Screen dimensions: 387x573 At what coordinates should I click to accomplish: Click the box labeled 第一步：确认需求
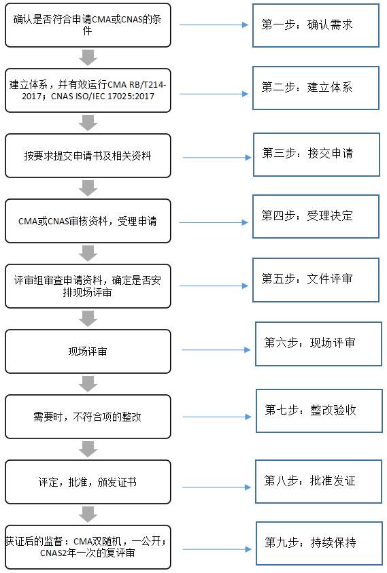(x=316, y=25)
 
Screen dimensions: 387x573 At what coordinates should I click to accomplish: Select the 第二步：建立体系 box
(x=316, y=88)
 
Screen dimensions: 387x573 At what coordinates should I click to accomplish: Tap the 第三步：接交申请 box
(x=316, y=154)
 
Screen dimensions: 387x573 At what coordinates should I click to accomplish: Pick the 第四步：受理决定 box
(x=316, y=216)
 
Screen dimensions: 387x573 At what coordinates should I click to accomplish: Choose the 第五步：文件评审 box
(x=316, y=280)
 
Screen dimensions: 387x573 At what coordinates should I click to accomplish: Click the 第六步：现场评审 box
(x=318, y=343)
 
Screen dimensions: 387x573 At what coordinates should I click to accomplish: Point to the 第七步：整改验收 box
(x=319, y=411)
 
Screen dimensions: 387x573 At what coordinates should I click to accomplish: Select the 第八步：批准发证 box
(x=318, y=481)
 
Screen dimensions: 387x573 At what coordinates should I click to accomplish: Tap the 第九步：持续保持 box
(x=319, y=543)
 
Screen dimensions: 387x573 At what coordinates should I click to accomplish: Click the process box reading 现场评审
(x=88, y=351)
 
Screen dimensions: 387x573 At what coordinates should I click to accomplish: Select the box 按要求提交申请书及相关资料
(x=88, y=156)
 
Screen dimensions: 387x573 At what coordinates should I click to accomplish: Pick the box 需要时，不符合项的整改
(x=88, y=417)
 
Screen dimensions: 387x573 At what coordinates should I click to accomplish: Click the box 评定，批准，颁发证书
(x=88, y=482)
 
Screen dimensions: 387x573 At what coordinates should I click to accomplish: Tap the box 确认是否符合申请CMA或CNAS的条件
(x=88, y=25)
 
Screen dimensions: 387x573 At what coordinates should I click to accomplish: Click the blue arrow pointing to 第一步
(x=214, y=25)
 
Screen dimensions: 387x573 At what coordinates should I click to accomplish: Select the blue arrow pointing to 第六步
(x=216, y=350)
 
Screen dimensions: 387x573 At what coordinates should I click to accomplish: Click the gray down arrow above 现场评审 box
(x=88, y=319)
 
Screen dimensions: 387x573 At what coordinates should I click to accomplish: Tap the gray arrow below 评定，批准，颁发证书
(x=88, y=515)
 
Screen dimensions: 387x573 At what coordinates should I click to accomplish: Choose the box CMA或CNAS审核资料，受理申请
(x=88, y=221)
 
